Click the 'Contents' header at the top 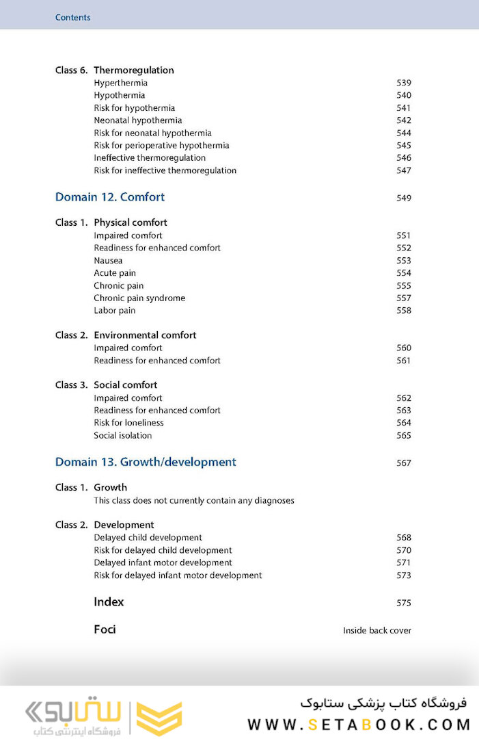click(72, 17)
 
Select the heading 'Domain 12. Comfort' click(110, 197)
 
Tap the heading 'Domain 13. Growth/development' click(146, 462)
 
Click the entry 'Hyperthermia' click(121, 83)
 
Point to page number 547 click(404, 170)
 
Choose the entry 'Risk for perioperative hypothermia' click(161, 145)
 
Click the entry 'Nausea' click(108, 261)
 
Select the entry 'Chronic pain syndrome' click(139, 298)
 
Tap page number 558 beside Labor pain click(404, 311)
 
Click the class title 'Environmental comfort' click(145, 335)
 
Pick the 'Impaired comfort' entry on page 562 click(128, 398)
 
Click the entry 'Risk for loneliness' click(128, 423)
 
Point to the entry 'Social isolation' click(123, 435)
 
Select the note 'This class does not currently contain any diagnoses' click(194, 500)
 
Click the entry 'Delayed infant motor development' click(163, 562)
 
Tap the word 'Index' click(109, 602)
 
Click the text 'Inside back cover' click(377, 630)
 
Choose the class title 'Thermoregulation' click(134, 70)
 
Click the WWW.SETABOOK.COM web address click(359, 724)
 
